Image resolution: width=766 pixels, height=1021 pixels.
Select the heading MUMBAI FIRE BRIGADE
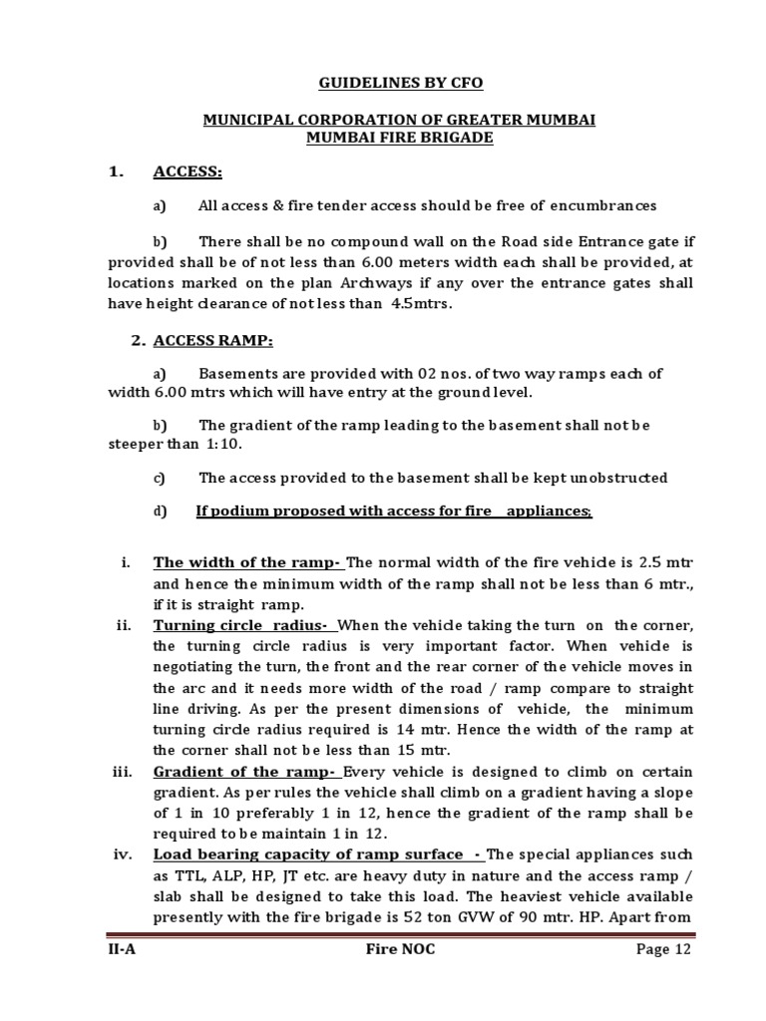pyautogui.click(x=399, y=138)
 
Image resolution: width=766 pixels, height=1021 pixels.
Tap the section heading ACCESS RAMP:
pyautogui.click(x=212, y=341)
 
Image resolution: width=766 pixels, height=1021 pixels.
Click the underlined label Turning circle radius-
pyautogui.click(x=244, y=625)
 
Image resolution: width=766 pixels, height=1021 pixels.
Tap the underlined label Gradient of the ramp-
pyautogui.click(x=247, y=773)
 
